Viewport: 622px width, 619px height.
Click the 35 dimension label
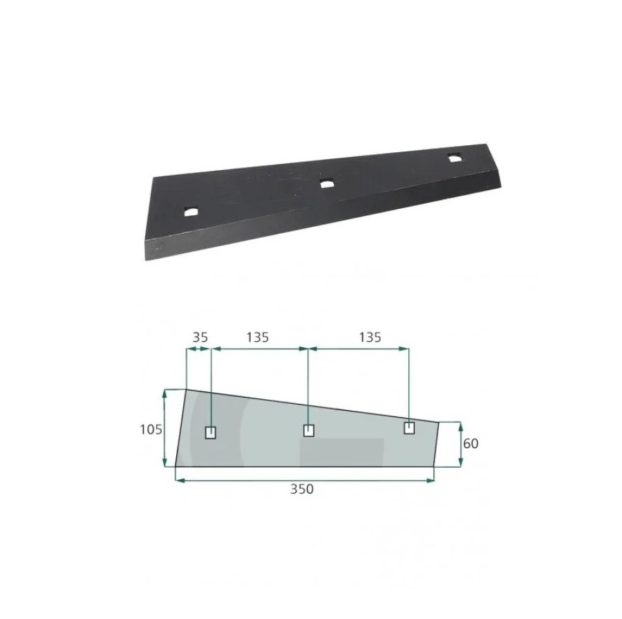tap(200, 338)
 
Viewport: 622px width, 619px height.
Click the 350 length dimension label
tap(302, 489)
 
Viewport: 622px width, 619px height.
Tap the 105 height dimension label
tap(151, 429)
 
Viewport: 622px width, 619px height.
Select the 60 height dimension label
tap(471, 443)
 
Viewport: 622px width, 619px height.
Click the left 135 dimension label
tap(258, 338)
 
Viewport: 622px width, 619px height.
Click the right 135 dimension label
tap(370, 338)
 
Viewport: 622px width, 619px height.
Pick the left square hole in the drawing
tap(211, 433)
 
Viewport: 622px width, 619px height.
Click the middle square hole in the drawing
tap(309, 430)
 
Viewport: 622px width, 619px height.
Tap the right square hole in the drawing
tap(409, 428)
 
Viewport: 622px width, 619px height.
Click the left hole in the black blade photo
tap(191, 211)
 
